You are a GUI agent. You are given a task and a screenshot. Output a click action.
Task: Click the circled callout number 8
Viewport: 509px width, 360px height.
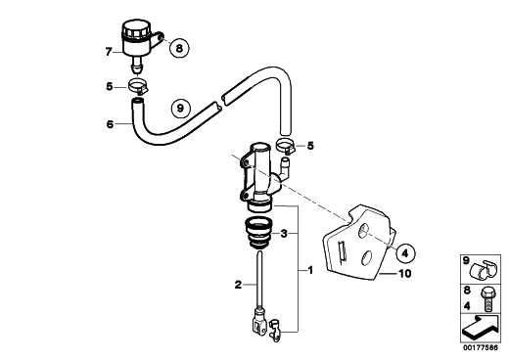pos(179,49)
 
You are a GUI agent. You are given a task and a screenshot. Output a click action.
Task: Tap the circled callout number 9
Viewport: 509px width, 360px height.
pos(180,108)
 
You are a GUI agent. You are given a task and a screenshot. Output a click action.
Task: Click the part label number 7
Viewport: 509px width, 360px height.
pos(109,52)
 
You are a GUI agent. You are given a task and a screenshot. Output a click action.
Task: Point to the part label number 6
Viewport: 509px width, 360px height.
pos(110,124)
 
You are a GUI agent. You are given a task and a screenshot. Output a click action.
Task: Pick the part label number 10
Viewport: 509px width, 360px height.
pos(405,274)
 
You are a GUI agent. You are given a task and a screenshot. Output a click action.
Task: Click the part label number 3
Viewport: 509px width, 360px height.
pos(284,233)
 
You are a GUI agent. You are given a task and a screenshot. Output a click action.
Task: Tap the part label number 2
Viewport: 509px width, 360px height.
pos(238,285)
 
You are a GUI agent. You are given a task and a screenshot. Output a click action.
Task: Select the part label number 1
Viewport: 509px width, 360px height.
pos(310,270)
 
